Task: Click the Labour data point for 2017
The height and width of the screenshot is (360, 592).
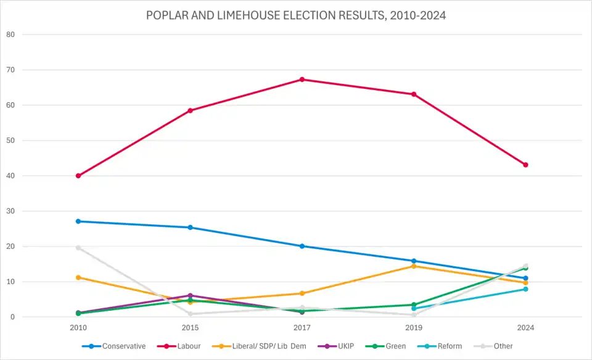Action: point(302,80)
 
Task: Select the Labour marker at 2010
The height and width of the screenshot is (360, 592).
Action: point(78,176)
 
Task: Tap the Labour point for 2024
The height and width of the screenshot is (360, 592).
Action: point(525,165)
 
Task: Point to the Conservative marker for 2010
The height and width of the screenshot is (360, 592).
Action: point(78,221)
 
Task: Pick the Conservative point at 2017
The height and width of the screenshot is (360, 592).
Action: point(302,246)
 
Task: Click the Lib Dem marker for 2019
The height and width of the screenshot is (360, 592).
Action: point(414,266)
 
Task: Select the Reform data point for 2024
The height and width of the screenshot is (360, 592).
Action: point(525,289)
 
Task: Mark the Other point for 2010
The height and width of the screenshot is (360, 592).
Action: point(78,248)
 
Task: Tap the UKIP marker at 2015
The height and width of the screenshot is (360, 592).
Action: point(191,296)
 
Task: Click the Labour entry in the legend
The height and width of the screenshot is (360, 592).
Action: point(183,346)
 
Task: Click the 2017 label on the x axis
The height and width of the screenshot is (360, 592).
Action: point(302,327)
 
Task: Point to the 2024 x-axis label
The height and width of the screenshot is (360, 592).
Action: point(525,327)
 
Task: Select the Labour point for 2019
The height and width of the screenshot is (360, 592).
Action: point(414,94)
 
